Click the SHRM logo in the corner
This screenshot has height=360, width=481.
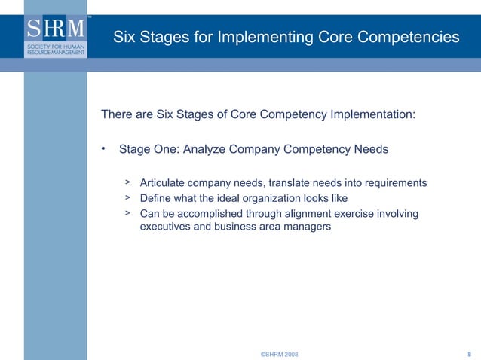(x=56, y=37)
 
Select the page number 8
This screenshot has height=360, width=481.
(x=470, y=353)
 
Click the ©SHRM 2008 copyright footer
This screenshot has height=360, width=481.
(x=279, y=353)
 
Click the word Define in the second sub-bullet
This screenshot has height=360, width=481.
(x=156, y=198)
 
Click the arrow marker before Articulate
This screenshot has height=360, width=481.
(x=128, y=182)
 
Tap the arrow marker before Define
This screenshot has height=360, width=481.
(x=128, y=197)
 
